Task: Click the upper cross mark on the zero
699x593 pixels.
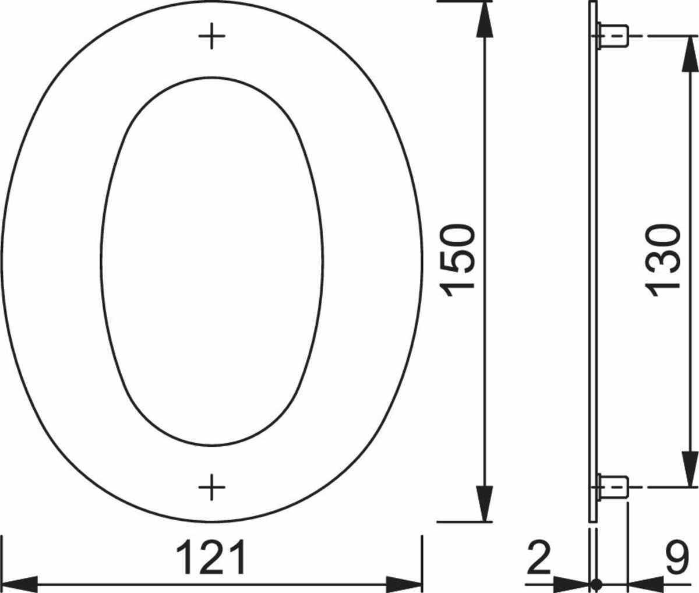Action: [211, 36]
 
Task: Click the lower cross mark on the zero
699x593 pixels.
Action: [211, 487]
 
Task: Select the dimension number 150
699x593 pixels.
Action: [457, 260]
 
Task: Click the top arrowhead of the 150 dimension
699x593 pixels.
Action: [484, 19]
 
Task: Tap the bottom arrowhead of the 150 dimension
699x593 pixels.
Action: [484, 504]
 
